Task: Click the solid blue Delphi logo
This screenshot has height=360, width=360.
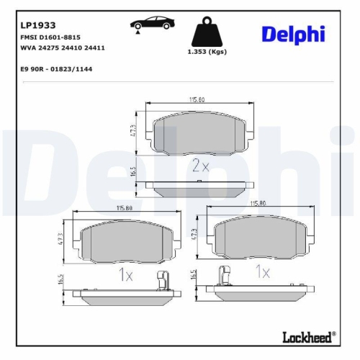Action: click(x=294, y=34)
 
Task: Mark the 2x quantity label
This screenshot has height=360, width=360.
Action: click(x=199, y=166)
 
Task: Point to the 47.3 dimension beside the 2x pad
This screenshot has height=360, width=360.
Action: click(x=135, y=132)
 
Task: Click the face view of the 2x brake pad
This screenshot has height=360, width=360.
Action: click(x=199, y=134)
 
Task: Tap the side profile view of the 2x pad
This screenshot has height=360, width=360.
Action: click(x=199, y=186)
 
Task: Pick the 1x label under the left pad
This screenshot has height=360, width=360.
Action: click(x=125, y=274)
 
